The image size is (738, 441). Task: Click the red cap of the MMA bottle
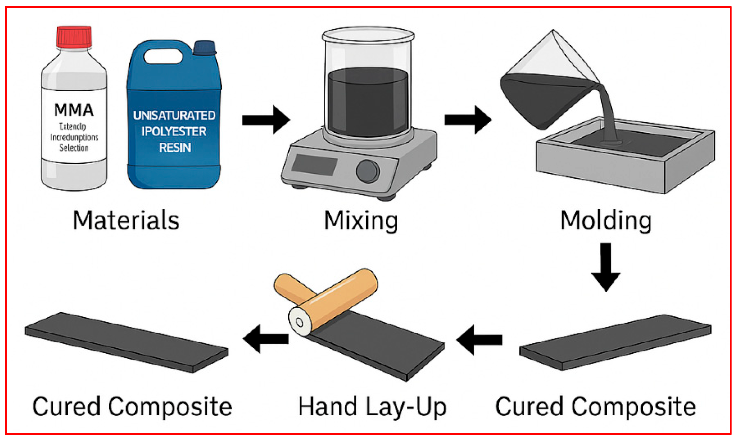coord(74,37)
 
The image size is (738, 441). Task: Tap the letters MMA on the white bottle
coord(74,110)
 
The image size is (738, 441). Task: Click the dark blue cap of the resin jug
coord(204,48)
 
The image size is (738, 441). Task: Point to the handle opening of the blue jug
coord(163,56)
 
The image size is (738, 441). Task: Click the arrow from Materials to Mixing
coord(266,120)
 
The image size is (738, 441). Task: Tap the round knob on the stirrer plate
coord(368,171)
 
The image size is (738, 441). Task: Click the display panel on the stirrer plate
coord(314,165)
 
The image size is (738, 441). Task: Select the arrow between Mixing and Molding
coord(467,120)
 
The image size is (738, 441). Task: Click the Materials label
coord(126,220)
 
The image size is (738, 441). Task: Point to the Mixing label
coord(361,220)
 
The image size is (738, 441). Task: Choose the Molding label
coord(606,220)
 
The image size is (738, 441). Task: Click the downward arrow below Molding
coord(606,266)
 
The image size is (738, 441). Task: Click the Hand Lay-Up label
coord(372,407)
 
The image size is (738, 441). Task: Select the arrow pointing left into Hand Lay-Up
coord(479,340)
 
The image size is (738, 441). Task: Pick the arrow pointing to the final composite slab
coord(266,339)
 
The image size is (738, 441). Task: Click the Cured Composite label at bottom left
coord(132,407)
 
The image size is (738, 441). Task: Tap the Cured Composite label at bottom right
coord(595,407)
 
